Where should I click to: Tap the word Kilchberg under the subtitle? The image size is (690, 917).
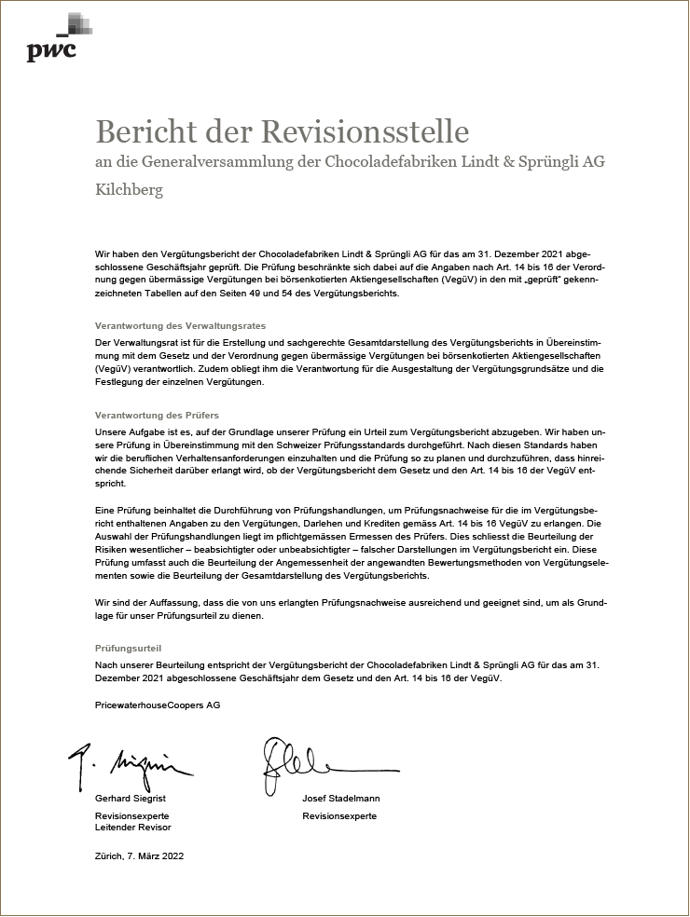coord(130,190)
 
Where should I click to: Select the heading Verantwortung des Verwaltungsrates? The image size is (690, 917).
coord(181,326)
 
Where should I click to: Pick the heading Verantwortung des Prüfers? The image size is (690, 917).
coord(157,415)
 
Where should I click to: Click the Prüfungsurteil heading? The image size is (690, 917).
coord(134,647)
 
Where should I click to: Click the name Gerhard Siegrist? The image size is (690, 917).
coord(131,799)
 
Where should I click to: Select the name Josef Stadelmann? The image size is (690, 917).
coord(340,799)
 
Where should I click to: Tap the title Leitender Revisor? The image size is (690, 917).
coord(133,828)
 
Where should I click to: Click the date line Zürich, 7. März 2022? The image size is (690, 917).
coord(140,856)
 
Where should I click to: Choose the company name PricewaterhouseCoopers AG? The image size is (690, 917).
coord(158,705)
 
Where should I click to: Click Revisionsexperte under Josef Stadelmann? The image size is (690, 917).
coord(339,816)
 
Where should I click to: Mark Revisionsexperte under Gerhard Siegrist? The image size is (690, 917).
coord(132,816)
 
